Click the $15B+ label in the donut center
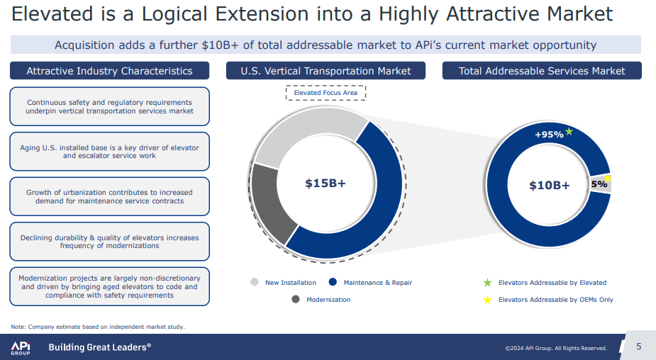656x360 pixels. tap(326, 184)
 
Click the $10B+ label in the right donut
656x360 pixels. tap(549, 186)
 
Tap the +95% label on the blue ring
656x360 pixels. tap(548, 135)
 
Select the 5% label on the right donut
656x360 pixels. tap(599, 184)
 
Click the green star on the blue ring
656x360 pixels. tap(569, 131)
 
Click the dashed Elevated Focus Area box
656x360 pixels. tap(326, 93)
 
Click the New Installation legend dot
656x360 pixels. tap(255, 282)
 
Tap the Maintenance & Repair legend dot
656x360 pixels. tap(333, 282)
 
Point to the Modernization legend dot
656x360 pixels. tap(296, 299)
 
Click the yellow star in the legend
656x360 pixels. tap(487, 300)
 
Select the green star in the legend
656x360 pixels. tap(487, 283)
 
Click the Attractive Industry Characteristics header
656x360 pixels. tap(109, 71)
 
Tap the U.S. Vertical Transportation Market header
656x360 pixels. tap(326, 71)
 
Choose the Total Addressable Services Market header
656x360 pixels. tap(542, 71)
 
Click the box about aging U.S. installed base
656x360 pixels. tap(109, 152)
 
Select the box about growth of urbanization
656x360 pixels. tap(109, 196)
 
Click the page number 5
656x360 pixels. tap(638, 347)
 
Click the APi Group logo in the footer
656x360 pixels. tap(20, 347)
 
